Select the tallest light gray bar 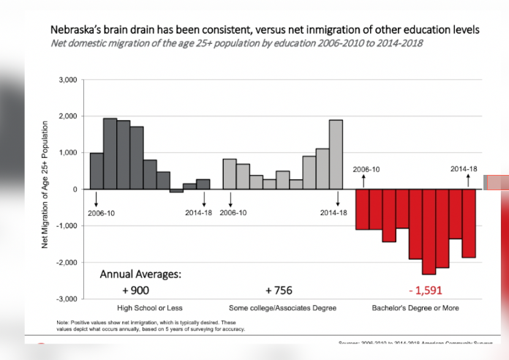point(336,154)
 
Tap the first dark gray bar point(97,171)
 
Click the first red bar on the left point(362,209)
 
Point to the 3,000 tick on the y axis point(68,80)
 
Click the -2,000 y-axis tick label point(67,263)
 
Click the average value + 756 point(279,290)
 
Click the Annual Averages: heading point(139,275)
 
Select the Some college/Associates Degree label point(277,308)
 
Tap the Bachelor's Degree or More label point(416,308)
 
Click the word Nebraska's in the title point(78,30)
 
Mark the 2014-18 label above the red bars point(464,169)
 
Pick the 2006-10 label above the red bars point(366,169)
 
